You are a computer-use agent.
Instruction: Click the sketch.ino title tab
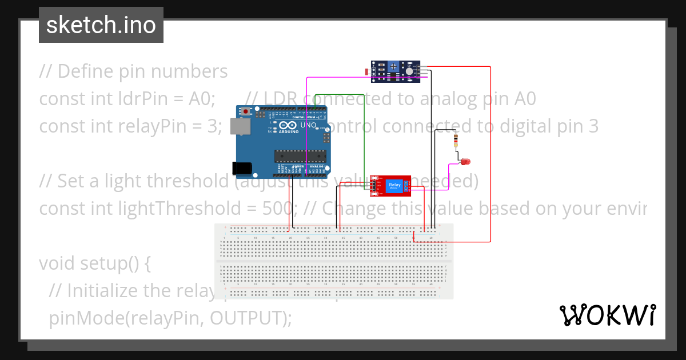(101, 25)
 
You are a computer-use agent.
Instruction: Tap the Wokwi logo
(607, 315)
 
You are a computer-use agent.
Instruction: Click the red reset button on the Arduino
(247, 110)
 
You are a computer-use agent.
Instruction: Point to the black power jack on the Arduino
(242, 167)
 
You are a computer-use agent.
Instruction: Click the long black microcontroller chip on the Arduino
(300, 155)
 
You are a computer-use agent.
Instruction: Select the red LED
(466, 162)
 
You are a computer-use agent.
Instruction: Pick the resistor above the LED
(456, 140)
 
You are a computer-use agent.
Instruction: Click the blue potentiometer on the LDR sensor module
(394, 67)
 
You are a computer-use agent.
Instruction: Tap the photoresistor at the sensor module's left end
(367, 71)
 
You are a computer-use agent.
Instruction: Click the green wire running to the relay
(365, 137)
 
